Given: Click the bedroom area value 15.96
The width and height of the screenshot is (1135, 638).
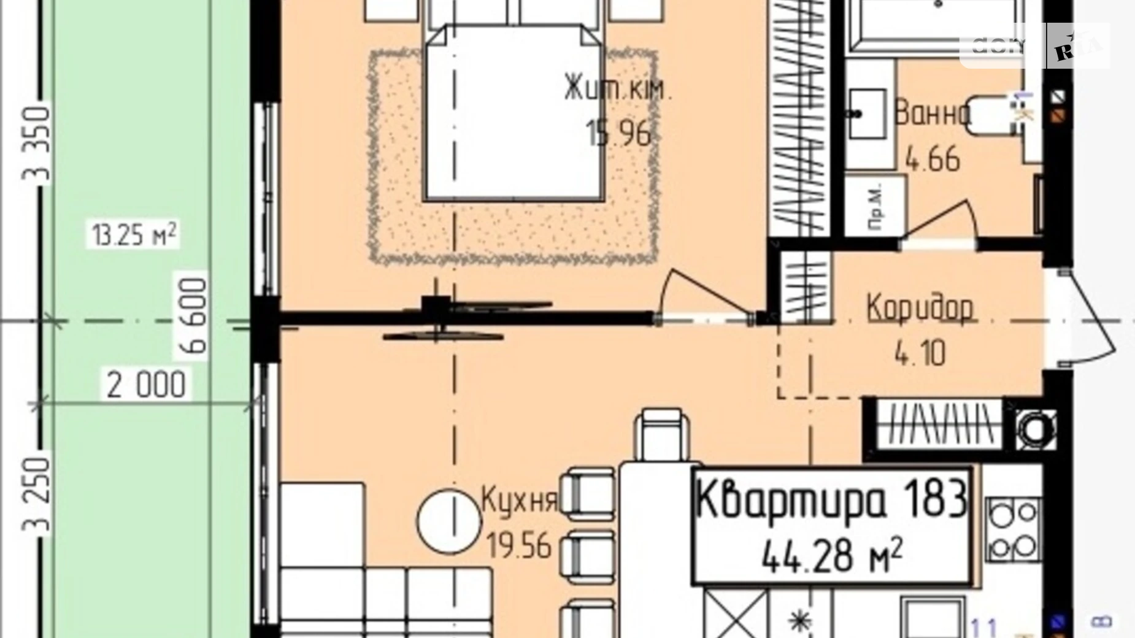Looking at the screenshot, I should [x=618, y=133].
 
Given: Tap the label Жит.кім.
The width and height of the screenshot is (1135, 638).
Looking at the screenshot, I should [x=618, y=90].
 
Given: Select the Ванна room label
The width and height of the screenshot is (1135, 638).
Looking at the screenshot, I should [x=932, y=114].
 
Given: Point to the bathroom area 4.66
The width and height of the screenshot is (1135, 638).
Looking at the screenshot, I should [x=933, y=159].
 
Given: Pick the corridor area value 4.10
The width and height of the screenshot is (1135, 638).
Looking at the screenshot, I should [x=920, y=353].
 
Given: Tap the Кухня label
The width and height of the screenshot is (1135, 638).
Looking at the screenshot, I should [x=520, y=500].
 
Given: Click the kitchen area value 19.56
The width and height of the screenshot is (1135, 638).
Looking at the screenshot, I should [x=519, y=545].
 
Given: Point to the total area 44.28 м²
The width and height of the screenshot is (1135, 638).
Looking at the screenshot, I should [x=831, y=556].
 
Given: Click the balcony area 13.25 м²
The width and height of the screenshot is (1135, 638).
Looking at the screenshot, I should [x=134, y=235].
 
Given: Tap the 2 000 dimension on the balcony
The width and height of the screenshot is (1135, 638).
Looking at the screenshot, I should [x=146, y=385].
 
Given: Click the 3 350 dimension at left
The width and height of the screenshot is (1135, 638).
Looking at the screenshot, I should [x=36, y=144].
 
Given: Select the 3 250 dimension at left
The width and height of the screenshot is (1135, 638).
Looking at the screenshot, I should [x=36, y=494].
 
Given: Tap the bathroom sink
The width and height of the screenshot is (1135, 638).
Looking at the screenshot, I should [x=868, y=114].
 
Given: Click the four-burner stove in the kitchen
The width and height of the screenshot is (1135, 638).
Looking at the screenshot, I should [x=1013, y=529].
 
